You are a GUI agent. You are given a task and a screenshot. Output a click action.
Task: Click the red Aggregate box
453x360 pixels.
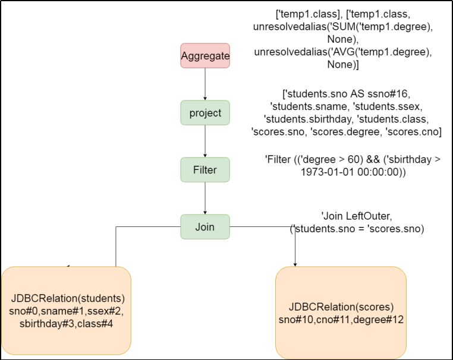(x=205, y=56)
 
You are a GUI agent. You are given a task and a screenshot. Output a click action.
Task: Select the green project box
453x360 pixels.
(x=205, y=113)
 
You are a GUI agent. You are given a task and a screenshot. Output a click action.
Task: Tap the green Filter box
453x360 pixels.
(x=205, y=170)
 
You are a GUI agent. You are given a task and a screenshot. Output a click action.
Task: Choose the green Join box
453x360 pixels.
(x=205, y=226)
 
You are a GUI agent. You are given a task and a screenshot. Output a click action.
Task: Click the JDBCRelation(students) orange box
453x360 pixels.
(x=67, y=311)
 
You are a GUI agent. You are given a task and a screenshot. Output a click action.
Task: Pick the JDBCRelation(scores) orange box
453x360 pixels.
(x=341, y=312)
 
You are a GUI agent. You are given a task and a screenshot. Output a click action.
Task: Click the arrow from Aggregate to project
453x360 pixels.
(x=205, y=84)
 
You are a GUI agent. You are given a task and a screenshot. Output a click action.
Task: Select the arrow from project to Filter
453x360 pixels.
(x=205, y=141)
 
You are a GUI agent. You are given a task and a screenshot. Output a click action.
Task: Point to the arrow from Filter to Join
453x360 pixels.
(x=205, y=198)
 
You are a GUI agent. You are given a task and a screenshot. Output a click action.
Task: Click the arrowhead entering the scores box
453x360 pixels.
(x=295, y=264)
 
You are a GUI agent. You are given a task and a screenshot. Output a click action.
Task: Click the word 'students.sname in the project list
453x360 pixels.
(x=309, y=106)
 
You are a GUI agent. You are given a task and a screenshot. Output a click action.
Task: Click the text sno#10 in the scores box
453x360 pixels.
(x=296, y=320)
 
